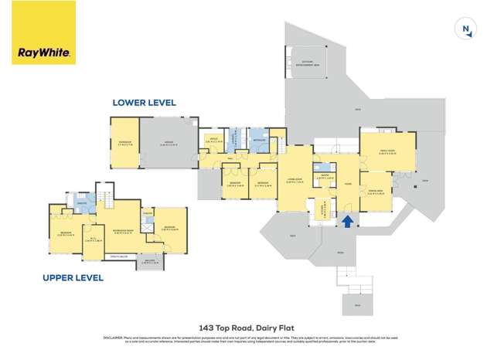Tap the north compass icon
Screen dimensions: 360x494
pos(465,29)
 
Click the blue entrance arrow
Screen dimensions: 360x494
pos(347,222)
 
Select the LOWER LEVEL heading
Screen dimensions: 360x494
pos(145,102)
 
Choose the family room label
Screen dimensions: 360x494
pos(387,151)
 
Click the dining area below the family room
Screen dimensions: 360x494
pos(376,192)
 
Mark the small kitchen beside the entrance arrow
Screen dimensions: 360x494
pos(323,209)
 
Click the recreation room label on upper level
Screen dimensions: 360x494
pos(123,230)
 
